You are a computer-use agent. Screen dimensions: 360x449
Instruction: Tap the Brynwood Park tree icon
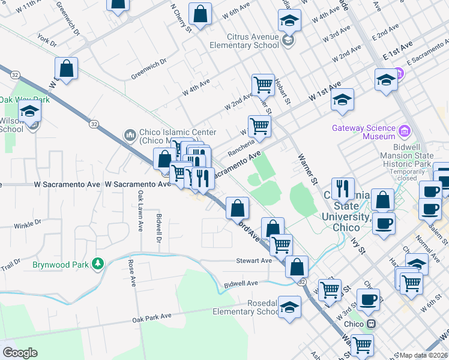click(x=96, y=264)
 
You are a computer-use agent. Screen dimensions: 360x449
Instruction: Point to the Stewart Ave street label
click(x=254, y=260)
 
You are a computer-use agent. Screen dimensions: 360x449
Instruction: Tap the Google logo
click(x=20, y=353)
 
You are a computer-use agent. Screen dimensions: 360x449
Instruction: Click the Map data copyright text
click(x=423, y=355)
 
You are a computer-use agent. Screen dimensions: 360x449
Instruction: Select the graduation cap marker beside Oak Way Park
click(x=29, y=111)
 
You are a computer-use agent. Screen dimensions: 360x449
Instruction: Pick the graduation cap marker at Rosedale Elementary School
click(x=289, y=307)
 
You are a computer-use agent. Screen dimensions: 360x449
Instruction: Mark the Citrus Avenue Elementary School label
click(x=244, y=40)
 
